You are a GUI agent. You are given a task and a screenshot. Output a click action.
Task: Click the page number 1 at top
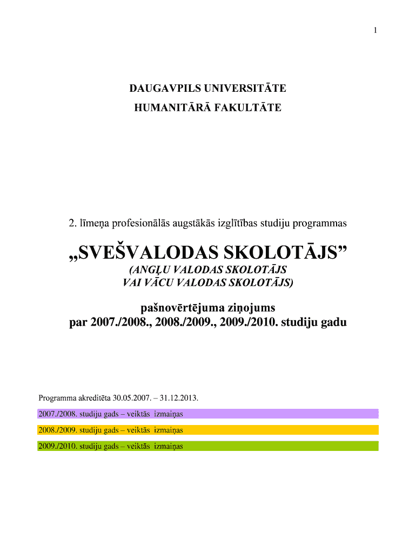pyautogui.click(x=374, y=30)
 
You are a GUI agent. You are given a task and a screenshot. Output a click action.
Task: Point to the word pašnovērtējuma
pyautogui.click(x=178, y=308)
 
